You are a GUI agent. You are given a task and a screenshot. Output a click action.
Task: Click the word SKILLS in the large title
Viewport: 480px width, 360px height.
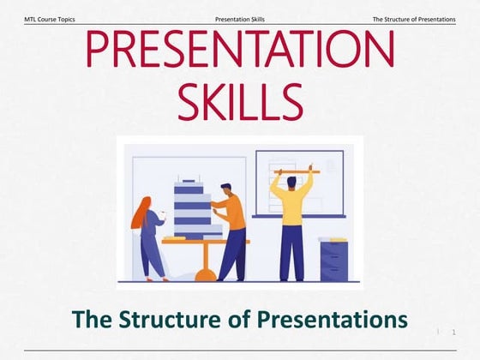[x=239, y=101]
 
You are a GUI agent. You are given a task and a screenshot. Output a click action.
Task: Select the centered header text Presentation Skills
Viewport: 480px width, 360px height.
[x=239, y=19]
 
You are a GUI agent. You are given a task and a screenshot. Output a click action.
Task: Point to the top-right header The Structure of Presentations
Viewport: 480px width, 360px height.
[x=414, y=19]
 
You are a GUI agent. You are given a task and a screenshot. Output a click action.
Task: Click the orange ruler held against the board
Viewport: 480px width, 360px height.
[x=297, y=172]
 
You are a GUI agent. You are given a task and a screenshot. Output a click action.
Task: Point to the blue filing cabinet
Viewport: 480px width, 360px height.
[x=333, y=261]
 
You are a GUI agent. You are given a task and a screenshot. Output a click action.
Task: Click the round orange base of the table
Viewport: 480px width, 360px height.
[x=206, y=275]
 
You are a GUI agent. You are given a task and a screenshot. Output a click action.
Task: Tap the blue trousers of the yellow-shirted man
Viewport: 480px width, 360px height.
[x=291, y=253]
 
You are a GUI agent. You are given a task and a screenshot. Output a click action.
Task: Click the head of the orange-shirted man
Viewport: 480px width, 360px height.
[x=225, y=189]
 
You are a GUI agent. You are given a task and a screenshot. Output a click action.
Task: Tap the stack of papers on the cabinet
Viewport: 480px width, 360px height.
[x=333, y=240]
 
